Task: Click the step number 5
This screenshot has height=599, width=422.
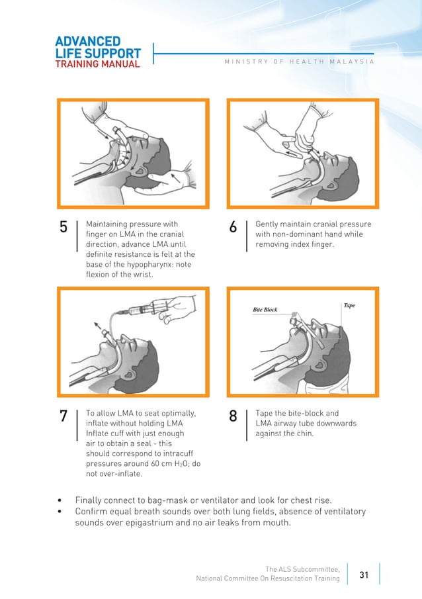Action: pos(63,228)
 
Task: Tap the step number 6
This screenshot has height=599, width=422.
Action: pos(233,228)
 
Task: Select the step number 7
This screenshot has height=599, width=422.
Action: pos(63,416)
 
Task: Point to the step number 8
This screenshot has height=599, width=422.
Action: pos(233,416)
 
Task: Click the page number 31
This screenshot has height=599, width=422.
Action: pos(364,575)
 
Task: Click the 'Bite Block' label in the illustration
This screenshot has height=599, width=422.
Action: pos(265,309)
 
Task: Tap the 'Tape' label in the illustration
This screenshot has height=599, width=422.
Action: pos(349,305)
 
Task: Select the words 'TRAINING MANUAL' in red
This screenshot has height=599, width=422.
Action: pos(97,64)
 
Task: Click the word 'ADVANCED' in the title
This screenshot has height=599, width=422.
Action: pos(88,42)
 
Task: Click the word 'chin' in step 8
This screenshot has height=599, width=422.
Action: pos(301,434)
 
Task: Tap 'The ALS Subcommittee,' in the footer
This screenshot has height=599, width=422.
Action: pos(302,569)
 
